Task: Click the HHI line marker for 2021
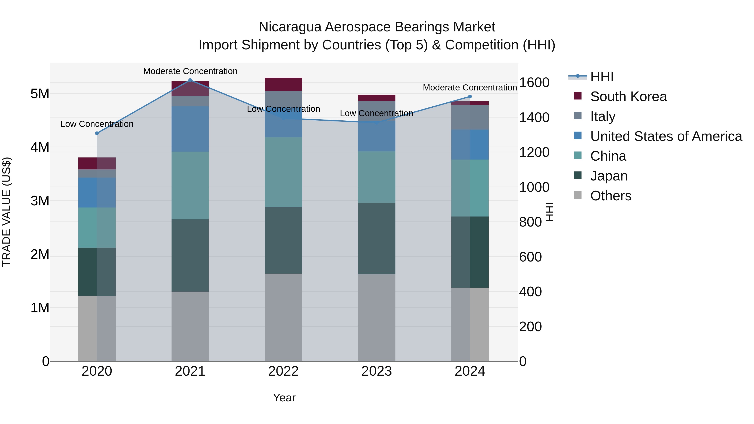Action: pyautogui.click(x=190, y=80)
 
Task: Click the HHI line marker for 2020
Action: pyautogui.click(x=97, y=133)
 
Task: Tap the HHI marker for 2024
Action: pyautogui.click(x=470, y=97)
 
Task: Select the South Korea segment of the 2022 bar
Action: pyautogui.click(x=283, y=84)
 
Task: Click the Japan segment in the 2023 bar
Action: pyautogui.click(x=377, y=238)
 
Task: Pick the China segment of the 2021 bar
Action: pyautogui.click(x=190, y=185)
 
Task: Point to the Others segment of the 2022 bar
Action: pyautogui.click(x=283, y=317)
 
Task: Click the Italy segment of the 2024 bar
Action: pyautogui.click(x=470, y=117)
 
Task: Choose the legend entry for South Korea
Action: pyautogui.click(x=628, y=97)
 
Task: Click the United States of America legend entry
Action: pyautogui.click(x=666, y=136)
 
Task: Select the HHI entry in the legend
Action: pyautogui.click(x=602, y=77)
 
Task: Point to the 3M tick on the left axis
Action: pyautogui.click(x=40, y=201)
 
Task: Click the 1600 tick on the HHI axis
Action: pyautogui.click(x=534, y=82)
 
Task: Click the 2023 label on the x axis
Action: pyautogui.click(x=377, y=371)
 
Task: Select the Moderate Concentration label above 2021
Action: pyautogui.click(x=190, y=71)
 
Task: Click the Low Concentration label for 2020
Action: pyautogui.click(x=97, y=124)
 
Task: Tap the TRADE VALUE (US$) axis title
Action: pyautogui.click(x=7, y=212)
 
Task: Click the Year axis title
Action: pyautogui.click(x=284, y=398)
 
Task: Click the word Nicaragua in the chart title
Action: pyautogui.click(x=290, y=27)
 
